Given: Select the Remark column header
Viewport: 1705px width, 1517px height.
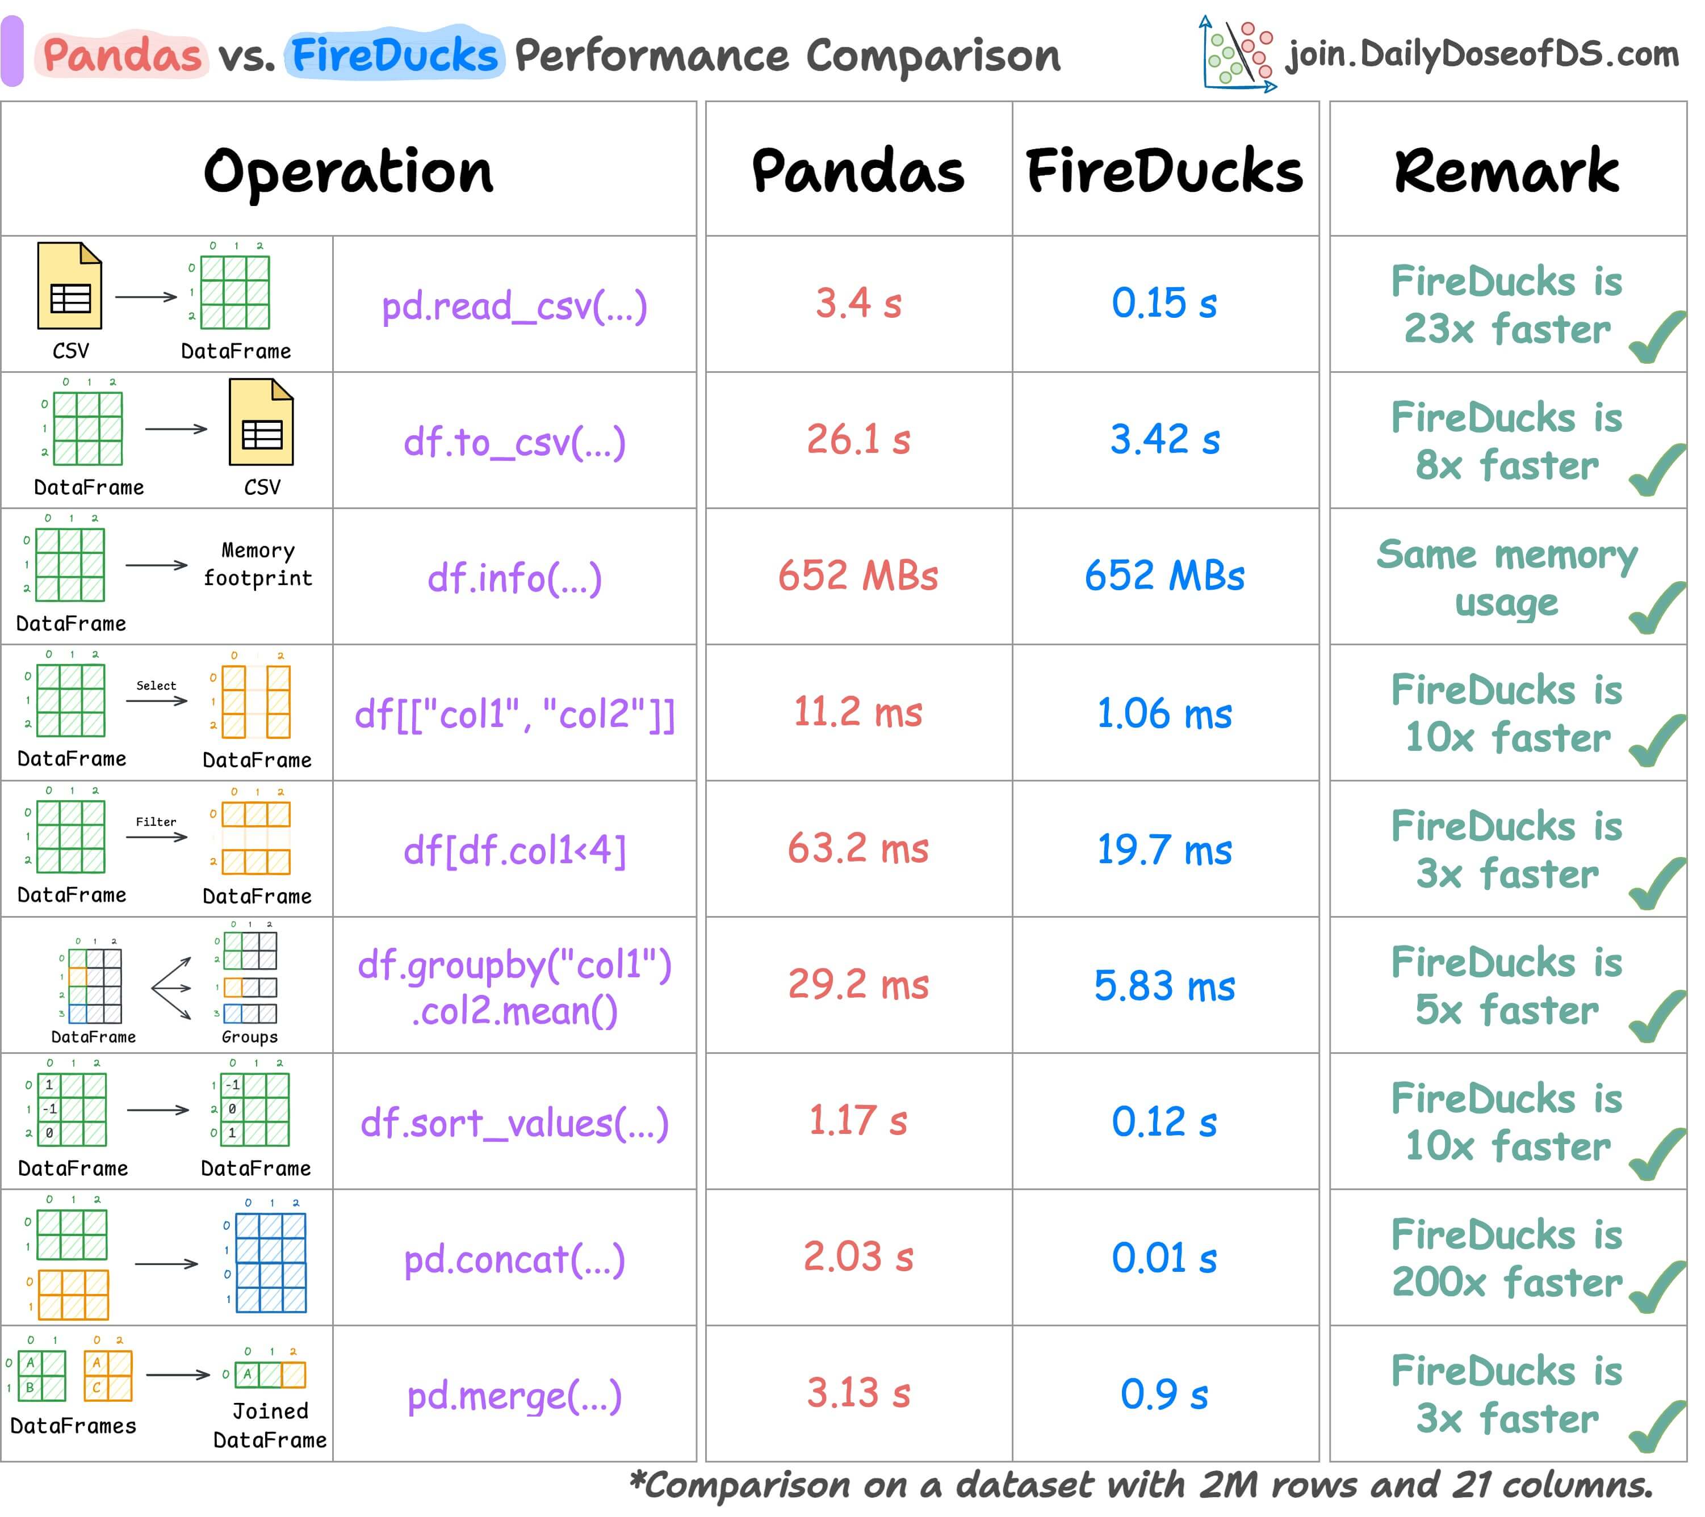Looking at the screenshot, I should coord(1506,171).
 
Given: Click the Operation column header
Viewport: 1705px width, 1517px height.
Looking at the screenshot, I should coord(349,171).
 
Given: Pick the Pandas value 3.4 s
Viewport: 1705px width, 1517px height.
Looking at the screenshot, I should coord(858,304).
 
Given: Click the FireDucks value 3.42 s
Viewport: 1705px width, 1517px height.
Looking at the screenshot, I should coord(1164,439).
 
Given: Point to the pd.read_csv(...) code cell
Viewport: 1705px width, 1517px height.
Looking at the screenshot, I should coord(514,306).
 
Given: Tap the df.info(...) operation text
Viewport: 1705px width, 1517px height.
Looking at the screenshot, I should coord(514,578).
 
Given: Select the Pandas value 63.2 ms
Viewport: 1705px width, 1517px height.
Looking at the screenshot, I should coord(858,849).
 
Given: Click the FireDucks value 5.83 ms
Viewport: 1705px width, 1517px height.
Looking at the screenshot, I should coord(1164,986).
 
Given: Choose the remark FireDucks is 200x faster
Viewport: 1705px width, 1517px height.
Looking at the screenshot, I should coord(1506,1258).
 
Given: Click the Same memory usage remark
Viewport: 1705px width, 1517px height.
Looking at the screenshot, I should coord(1506,578).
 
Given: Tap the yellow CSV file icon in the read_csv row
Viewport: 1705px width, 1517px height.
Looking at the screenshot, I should coord(70,286).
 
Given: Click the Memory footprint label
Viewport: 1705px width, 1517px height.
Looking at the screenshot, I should coord(258,565).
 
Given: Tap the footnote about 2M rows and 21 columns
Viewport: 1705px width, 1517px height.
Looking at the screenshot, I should coord(1141,1485).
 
